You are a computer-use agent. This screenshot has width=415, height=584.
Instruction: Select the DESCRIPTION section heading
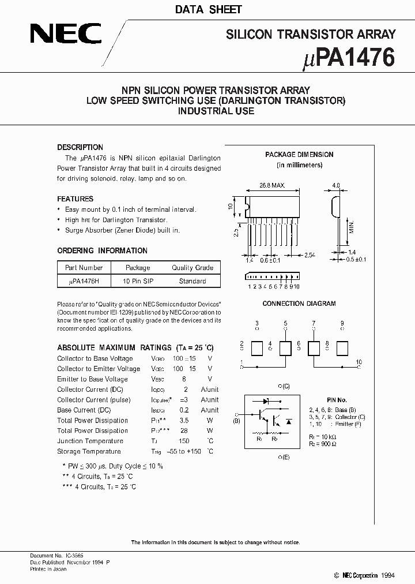(80, 147)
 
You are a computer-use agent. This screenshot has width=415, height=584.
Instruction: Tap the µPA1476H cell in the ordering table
(84, 281)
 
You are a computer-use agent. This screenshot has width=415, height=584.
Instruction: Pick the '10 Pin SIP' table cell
(138, 281)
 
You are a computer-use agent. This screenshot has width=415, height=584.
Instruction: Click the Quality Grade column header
(193, 268)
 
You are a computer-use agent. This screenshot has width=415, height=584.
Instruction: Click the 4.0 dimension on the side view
(336, 186)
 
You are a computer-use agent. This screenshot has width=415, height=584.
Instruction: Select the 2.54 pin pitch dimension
(310, 254)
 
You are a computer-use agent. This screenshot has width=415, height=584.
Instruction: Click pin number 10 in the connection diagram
(359, 362)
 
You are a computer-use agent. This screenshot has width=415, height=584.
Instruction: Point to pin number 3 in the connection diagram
(257, 323)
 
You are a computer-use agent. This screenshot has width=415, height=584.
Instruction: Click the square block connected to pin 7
(314, 348)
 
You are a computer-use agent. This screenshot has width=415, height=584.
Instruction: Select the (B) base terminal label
(236, 421)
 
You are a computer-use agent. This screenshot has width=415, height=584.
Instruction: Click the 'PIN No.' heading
(337, 400)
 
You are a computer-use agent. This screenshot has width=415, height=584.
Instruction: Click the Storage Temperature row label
(89, 451)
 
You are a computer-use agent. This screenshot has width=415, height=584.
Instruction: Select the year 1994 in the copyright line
(388, 575)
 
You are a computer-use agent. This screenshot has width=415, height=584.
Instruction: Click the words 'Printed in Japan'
(48, 569)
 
